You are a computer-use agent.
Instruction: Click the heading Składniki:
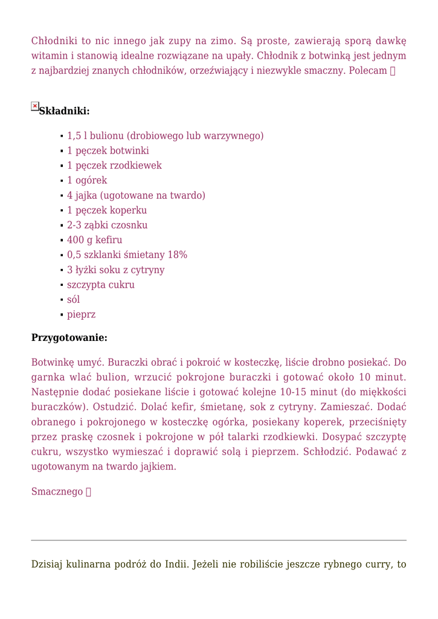click(64, 111)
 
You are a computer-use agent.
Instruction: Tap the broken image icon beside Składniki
click(35, 106)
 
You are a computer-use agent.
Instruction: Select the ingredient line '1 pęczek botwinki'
click(108, 151)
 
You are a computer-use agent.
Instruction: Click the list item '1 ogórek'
click(87, 180)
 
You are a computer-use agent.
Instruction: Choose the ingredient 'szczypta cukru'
click(101, 285)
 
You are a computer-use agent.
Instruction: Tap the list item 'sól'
click(74, 299)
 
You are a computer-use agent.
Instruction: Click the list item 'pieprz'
click(81, 314)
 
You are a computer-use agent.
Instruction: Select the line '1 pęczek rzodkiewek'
click(114, 166)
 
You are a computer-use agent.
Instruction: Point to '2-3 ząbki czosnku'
click(107, 225)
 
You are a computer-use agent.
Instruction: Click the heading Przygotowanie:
click(69, 337)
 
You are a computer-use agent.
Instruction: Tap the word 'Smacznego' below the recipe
click(57, 492)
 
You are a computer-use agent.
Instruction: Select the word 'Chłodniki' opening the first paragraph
click(55, 41)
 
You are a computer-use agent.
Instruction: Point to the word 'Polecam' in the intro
click(368, 71)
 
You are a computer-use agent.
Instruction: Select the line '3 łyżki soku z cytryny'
click(116, 270)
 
